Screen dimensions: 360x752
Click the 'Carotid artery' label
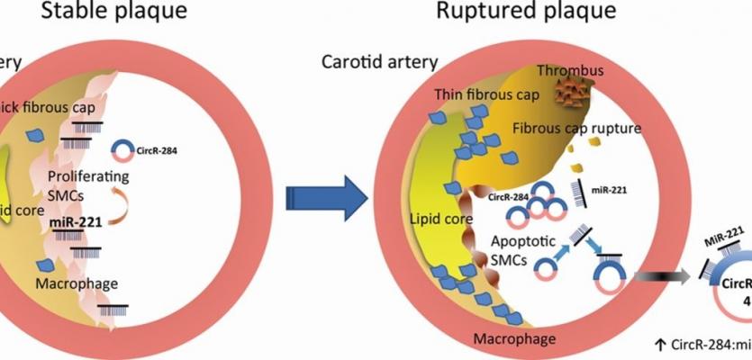[379, 62]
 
